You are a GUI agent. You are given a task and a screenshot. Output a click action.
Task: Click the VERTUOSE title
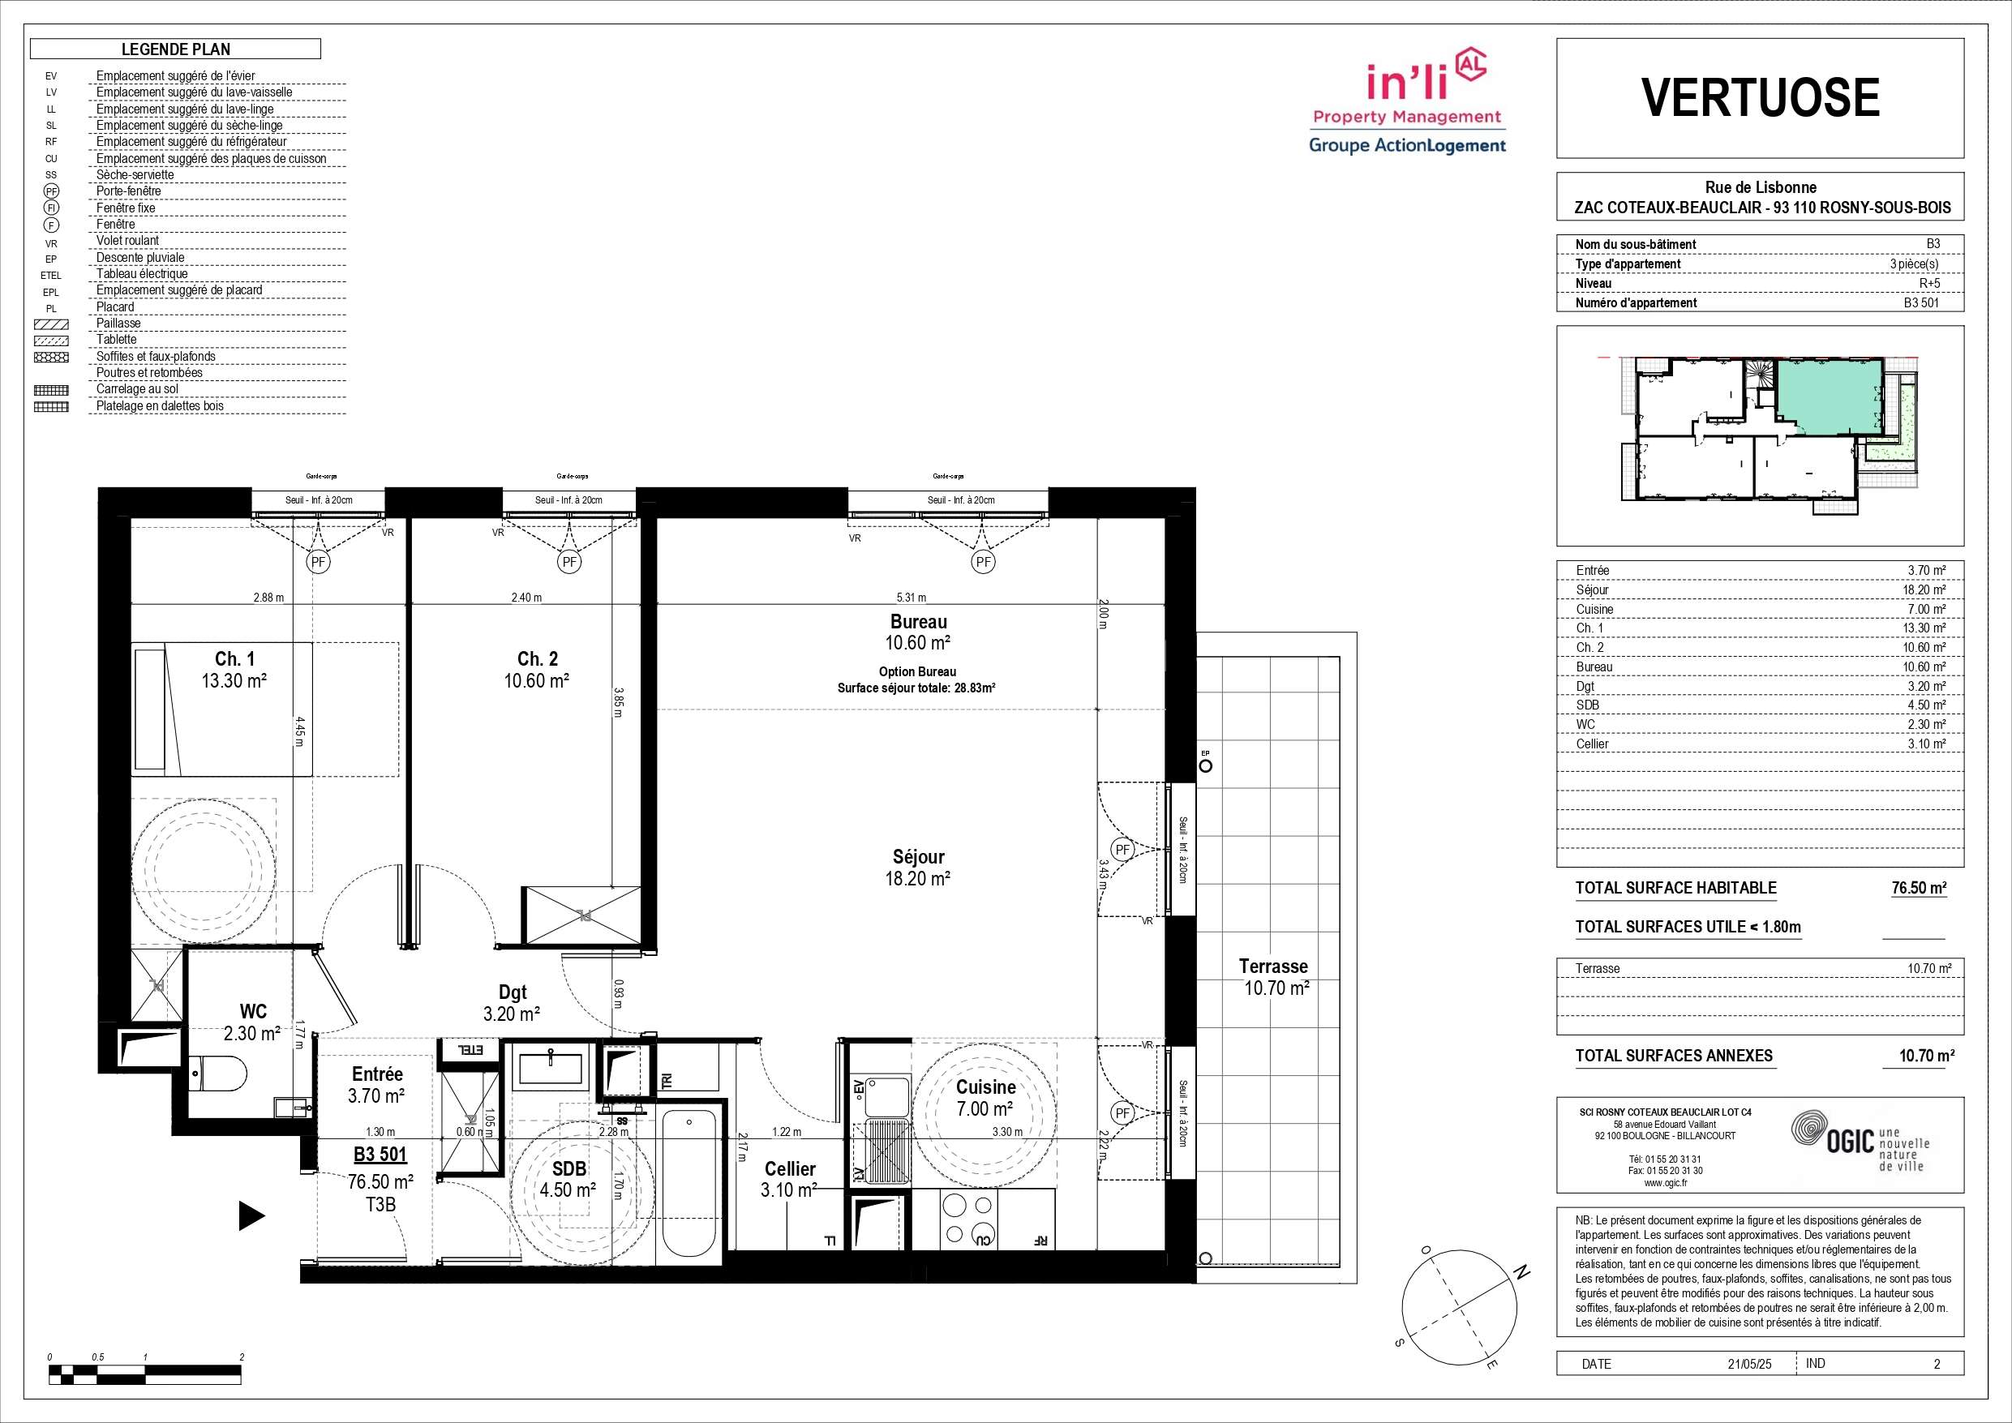click(1760, 97)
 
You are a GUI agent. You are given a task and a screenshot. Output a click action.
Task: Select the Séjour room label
click(918, 868)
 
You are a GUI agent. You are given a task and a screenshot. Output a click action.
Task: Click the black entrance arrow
click(252, 1215)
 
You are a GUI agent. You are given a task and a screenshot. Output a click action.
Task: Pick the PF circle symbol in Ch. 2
click(569, 563)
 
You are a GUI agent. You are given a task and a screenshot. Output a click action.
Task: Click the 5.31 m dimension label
click(911, 598)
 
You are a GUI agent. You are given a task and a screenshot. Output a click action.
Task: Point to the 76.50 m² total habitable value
click(1919, 888)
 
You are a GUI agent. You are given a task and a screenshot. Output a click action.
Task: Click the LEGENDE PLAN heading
click(176, 49)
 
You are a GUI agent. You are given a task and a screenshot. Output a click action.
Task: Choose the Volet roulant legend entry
click(128, 240)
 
